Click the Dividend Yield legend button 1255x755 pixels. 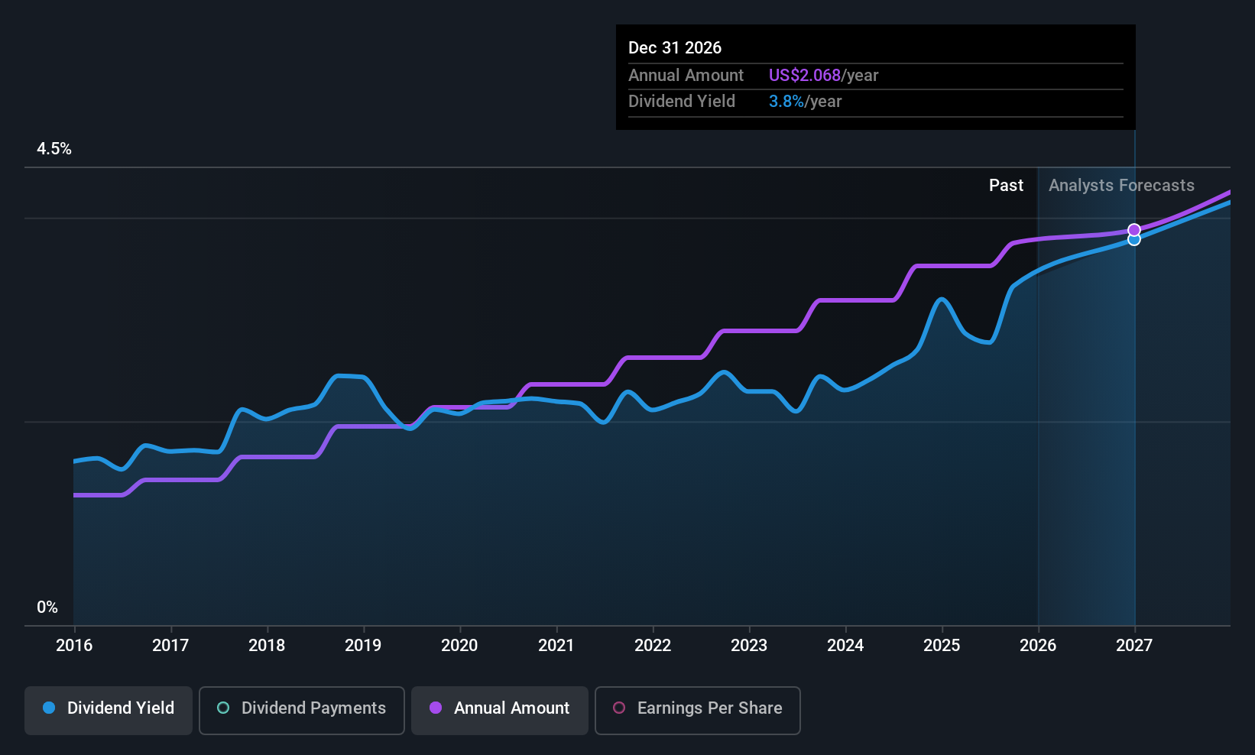pos(108,710)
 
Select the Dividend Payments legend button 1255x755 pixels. pos(301,710)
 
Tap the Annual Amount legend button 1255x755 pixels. pos(500,710)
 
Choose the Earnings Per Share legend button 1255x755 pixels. pos(698,710)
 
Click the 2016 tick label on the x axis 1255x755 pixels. pos(74,645)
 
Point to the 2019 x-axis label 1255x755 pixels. pos(363,645)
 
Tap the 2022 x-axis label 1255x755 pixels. pos(653,645)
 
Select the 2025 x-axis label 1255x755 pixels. pos(942,645)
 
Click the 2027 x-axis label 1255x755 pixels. pos(1134,645)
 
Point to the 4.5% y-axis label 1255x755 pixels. pos(54,149)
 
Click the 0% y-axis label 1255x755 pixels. pos(47,608)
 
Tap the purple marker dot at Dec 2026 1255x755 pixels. pos(1134,230)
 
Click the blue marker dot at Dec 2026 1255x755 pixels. pos(1134,240)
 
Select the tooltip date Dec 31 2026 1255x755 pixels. pos(675,47)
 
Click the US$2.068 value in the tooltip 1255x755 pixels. pos(805,75)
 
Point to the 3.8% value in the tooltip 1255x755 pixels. pos(786,102)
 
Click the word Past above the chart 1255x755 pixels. pos(1007,186)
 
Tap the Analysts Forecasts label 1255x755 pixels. pos(1122,186)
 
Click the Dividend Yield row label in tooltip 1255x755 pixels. pos(682,102)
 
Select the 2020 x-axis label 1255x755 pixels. pos(459,645)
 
